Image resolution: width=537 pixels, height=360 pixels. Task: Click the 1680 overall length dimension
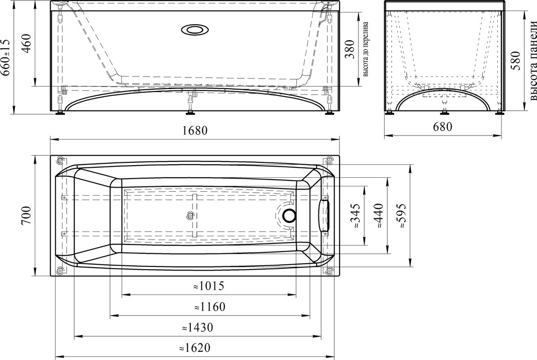tap(195, 130)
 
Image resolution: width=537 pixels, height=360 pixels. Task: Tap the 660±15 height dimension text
tap(6, 57)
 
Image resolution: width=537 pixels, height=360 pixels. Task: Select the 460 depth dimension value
tap(27, 42)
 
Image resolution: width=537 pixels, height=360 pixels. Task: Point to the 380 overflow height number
tap(349, 49)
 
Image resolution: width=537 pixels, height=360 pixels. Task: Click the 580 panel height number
tap(515, 60)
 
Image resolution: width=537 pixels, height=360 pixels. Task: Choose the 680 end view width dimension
tap(443, 127)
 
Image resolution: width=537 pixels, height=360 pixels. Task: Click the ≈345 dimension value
tap(355, 216)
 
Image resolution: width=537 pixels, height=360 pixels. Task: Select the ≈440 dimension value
tap(379, 216)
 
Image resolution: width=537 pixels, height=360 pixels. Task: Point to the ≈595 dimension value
tap(401, 216)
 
